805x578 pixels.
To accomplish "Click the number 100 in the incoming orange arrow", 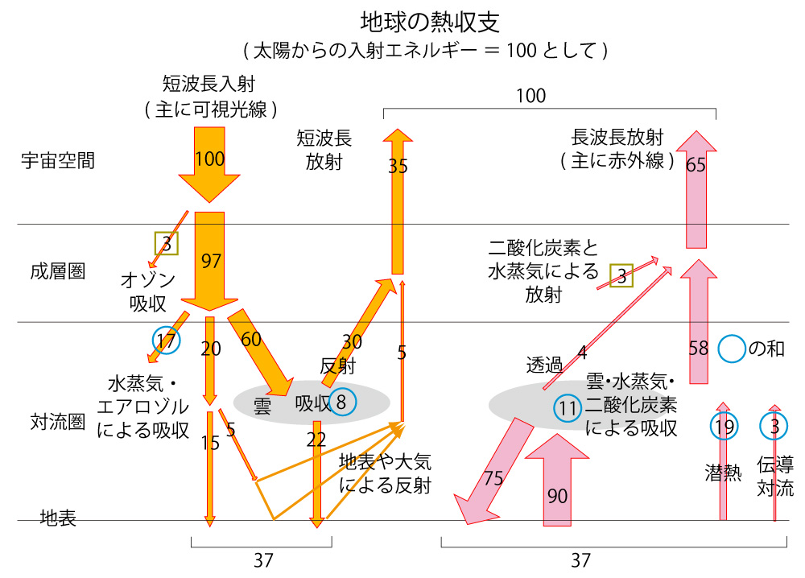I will click(209, 159).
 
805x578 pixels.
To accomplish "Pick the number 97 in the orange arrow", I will click(210, 261).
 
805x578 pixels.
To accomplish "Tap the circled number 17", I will click(166, 341).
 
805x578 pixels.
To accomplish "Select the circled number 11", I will click(568, 409).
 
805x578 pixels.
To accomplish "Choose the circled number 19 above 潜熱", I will click(724, 426).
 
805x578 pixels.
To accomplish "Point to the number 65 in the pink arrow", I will click(696, 166).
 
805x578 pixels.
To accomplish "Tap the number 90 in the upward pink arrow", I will click(557, 496).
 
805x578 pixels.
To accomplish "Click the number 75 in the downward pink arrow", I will click(493, 478).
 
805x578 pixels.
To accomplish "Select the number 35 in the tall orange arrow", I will click(398, 167).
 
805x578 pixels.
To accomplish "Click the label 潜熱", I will click(722, 473).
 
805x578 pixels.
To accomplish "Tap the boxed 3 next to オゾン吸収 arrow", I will click(166, 244).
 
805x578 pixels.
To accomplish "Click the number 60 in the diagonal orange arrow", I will click(251, 339).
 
